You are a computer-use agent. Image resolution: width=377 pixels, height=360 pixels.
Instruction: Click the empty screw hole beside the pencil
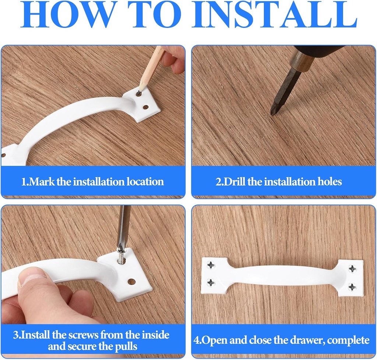coord(146,108)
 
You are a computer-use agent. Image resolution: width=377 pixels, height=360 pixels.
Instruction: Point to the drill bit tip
coord(272,113)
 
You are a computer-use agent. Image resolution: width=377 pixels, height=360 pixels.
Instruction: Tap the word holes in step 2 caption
coord(329,182)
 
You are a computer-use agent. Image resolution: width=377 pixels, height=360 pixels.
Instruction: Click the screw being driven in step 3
coord(121,256)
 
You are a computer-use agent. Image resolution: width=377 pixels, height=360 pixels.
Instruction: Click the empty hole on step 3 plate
coord(131,282)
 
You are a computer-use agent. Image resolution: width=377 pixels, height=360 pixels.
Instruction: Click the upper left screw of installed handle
coord(211,265)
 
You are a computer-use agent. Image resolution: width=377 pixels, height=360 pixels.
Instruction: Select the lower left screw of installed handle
coord(211,282)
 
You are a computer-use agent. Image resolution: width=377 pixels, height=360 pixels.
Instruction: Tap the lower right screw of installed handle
coord(352,287)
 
